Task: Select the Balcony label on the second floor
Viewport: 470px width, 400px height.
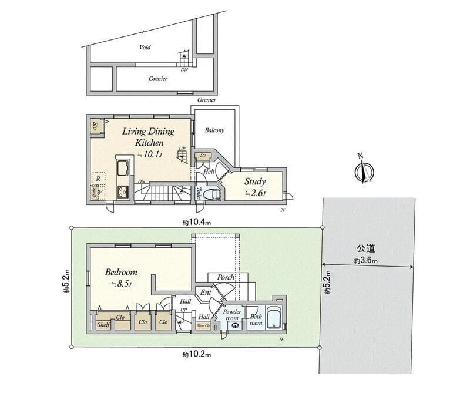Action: (214, 130)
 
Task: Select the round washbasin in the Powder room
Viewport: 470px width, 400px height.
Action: (235, 325)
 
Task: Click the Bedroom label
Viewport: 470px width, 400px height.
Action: (121, 273)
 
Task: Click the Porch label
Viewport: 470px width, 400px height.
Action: (226, 277)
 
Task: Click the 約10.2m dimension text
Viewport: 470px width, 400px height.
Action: (196, 354)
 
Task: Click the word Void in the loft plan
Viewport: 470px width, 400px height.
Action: (145, 48)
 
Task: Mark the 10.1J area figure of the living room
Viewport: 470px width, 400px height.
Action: (149, 154)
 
